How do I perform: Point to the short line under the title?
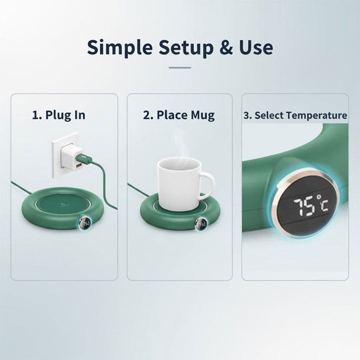180,67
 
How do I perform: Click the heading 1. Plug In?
59,115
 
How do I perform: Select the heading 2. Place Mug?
179,115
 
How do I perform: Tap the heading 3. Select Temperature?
295,115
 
